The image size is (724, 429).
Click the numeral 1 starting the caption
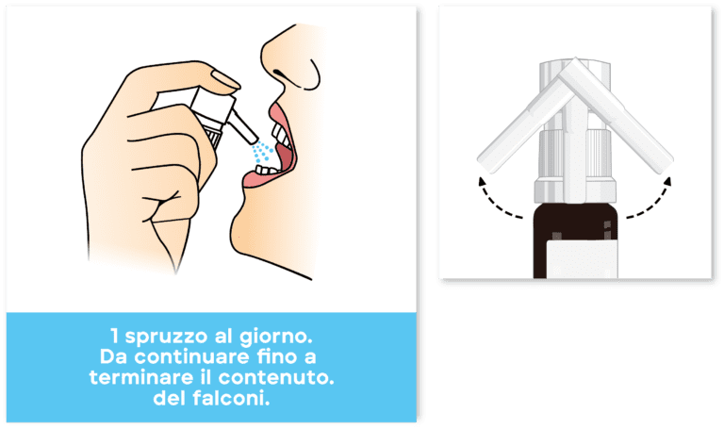pyautogui.click(x=114, y=337)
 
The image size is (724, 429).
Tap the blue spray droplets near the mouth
pyautogui.click(x=262, y=152)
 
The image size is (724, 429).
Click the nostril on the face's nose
pyautogui.click(x=278, y=73)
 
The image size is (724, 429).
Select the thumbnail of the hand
pyautogui.click(x=225, y=79)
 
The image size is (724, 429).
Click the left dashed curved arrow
pyautogui.click(x=496, y=202)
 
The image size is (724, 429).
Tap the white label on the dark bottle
pyautogui.click(x=582, y=258)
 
